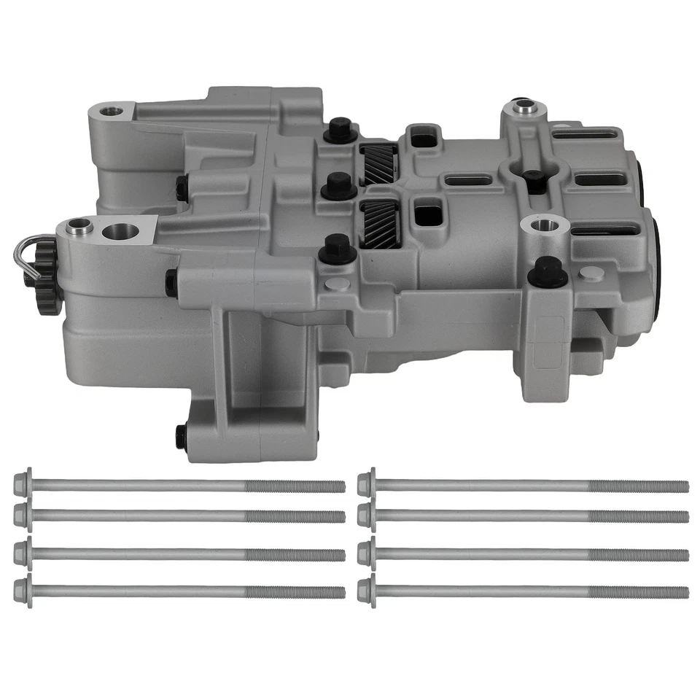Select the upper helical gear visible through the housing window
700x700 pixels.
coord(379,164)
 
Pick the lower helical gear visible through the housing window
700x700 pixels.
coord(380,223)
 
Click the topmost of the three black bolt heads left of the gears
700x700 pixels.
coord(340,131)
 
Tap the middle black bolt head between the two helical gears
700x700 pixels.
coord(338,186)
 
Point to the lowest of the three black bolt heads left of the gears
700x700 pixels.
coord(338,249)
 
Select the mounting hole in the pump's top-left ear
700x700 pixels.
coord(111,112)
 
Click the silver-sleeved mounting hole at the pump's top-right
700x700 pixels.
coord(523,108)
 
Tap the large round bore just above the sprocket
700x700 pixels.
coord(120,232)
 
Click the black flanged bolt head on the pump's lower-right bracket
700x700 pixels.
coord(547,272)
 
